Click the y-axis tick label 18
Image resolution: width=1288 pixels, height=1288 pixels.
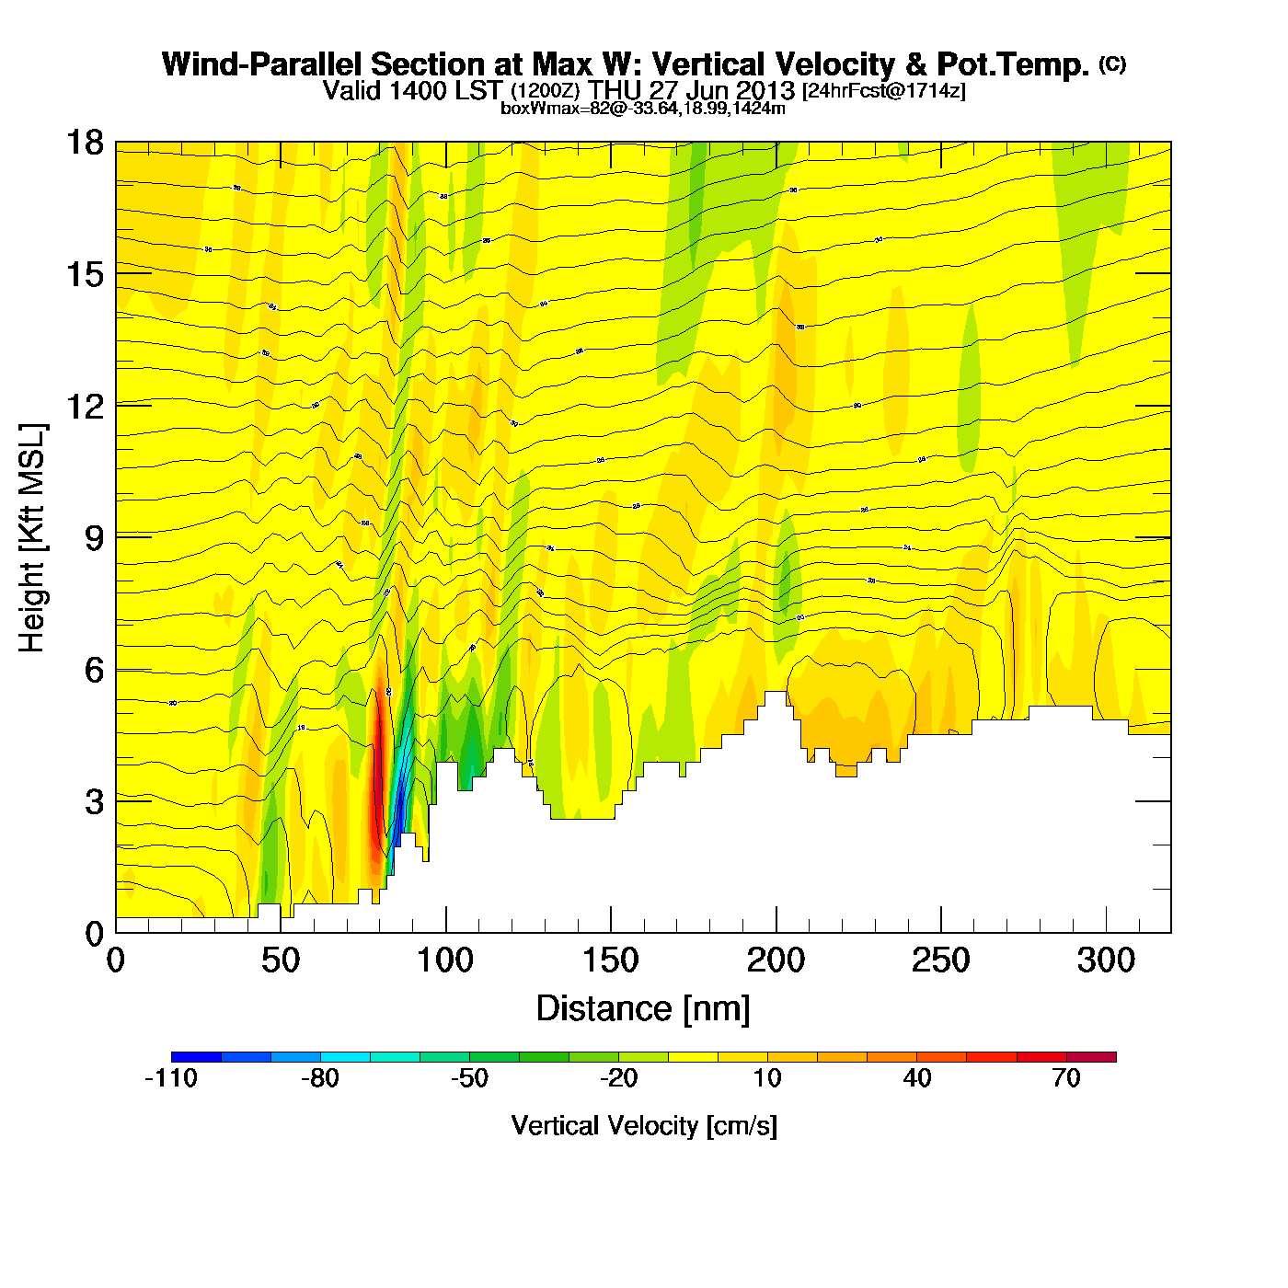click(x=84, y=143)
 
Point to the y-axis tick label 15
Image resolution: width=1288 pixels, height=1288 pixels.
click(x=84, y=274)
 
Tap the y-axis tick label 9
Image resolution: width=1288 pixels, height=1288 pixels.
click(x=94, y=538)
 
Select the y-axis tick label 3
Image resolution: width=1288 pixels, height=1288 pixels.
click(x=94, y=801)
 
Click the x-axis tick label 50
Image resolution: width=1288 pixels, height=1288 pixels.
click(x=281, y=960)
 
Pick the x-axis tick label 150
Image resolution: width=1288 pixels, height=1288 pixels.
click(x=611, y=960)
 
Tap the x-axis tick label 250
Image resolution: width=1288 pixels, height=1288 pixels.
click(x=940, y=960)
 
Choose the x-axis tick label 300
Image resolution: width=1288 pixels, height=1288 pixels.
click(x=1105, y=960)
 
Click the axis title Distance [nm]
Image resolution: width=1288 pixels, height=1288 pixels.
click(x=643, y=1009)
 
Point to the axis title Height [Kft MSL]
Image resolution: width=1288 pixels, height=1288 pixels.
click(x=32, y=538)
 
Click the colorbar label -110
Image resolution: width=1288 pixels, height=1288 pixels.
click(x=171, y=1078)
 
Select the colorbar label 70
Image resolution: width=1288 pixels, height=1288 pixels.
click(x=1065, y=1078)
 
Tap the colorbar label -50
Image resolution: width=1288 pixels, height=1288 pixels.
click(x=469, y=1078)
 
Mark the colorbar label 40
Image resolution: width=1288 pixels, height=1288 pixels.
click(x=917, y=1078)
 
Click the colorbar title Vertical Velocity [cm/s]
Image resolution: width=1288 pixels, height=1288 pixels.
click(x=644, y=1125)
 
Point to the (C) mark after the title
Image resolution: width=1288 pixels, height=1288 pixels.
click(x=1111, y=63)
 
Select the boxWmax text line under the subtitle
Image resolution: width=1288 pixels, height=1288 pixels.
click(x=642, y=109)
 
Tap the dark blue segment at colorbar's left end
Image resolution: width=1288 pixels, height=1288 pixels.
click(x=196, y=1056)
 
